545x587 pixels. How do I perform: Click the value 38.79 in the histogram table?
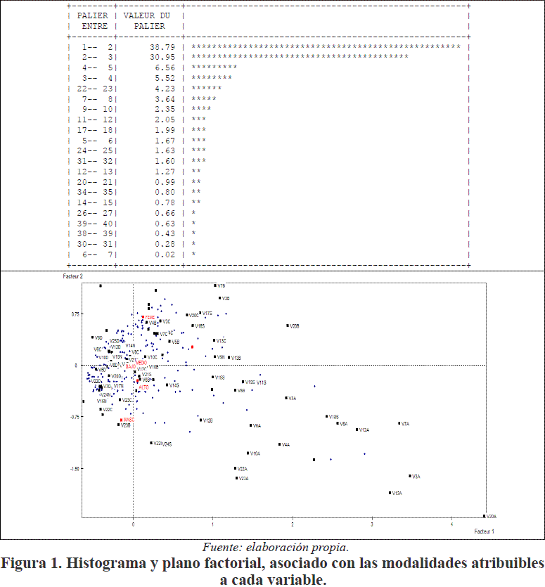[162, 46]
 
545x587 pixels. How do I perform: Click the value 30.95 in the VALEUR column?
[162, 56]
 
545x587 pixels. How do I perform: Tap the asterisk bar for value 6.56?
[214, 67]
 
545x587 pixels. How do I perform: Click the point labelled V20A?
[492, 517]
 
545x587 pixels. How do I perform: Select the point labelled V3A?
[416, 477]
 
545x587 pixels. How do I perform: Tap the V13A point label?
[397, 494]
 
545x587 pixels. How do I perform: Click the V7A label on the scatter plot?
[405, 424]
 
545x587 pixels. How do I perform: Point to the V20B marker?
[288, 325]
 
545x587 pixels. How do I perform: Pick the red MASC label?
[129, 420]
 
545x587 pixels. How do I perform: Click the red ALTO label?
[143, 387]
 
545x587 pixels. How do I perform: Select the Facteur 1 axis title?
[484, 531]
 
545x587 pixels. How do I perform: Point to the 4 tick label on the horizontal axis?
[451, 524]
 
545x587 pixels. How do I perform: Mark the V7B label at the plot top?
[222, 286]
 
